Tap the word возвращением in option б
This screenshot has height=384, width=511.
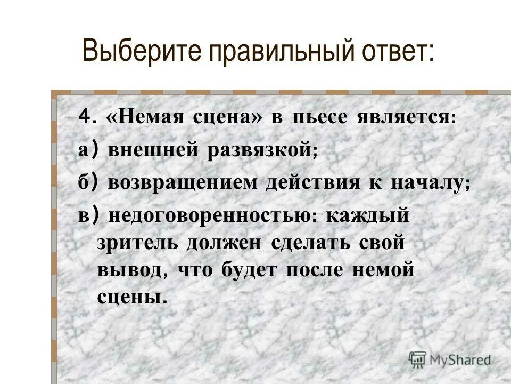pyautogui.click(x=182, y=183)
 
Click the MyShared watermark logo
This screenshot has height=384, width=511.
pyautogui.click(x=449, y=359)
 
